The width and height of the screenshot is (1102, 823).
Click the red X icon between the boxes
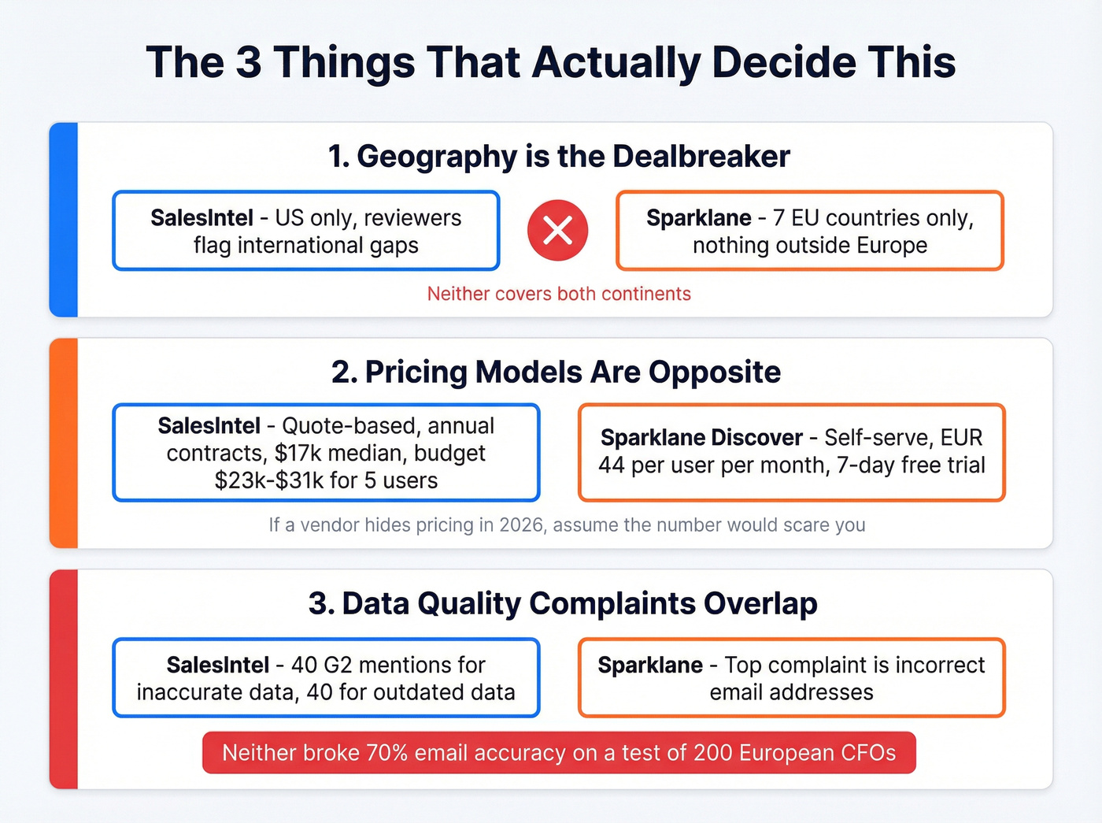[x=557, y=231]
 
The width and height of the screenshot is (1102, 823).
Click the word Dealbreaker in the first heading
[x=701, y=157]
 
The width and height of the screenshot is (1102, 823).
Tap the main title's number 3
[x=248, y=62]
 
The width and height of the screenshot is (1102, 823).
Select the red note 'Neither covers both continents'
[x=559, y=294]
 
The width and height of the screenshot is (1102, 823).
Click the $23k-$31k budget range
[x=266, y=480]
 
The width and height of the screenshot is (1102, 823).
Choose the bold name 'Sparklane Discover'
[x=701, y=438]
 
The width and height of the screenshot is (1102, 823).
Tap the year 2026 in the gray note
[x=522, y=525]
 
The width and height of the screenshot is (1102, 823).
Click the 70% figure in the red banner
[x=386, y=753]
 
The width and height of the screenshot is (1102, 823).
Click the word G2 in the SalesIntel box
[x=338, y=665]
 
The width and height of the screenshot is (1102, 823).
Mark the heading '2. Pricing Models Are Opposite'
[x=556, y=372]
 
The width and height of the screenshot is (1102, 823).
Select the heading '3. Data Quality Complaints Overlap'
[x=563, y=603]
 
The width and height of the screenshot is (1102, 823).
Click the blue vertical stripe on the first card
[x=64, y=220]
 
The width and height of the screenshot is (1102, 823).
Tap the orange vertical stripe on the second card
[x=64, y=443]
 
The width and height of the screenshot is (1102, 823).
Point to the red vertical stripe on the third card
[x=64, y=679]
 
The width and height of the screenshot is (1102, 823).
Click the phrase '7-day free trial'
[x=911, y=465]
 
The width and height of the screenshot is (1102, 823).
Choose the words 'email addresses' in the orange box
[x=791, y=692]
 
